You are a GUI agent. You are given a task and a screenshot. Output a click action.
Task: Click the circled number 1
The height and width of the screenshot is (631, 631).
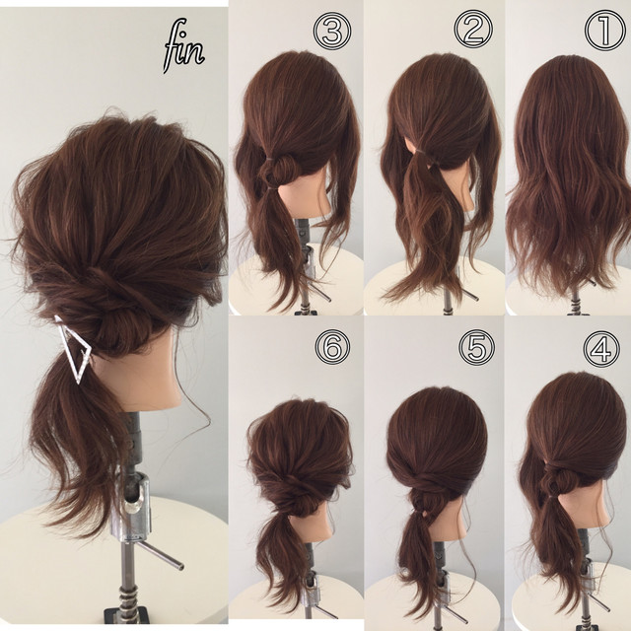(605, 32)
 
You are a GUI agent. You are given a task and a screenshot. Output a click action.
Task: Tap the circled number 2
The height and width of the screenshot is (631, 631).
(473, 31)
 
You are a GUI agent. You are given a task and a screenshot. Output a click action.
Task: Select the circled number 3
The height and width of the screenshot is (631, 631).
(333, 31)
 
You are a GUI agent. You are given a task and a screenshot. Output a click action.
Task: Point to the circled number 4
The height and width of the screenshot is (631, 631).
(602, 348)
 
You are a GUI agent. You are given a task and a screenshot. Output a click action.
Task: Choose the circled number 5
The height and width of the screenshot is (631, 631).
(476, 348)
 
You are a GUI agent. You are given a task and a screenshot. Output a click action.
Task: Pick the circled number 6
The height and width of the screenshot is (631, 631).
(332, 347)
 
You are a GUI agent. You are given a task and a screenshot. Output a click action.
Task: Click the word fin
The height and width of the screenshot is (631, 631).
(183, 46)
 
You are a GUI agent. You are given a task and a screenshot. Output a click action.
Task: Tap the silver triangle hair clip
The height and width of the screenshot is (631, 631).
(74, 348)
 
